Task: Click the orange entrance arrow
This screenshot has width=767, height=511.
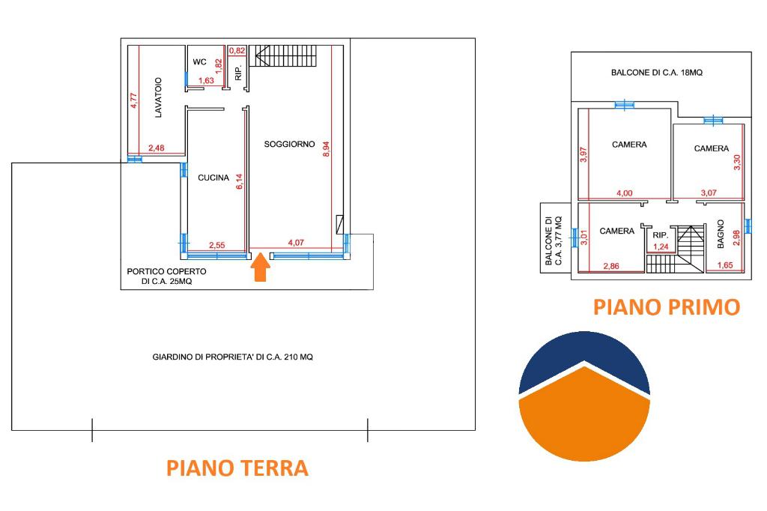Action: [260, 267]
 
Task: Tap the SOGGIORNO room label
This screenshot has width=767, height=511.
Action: [290, 144]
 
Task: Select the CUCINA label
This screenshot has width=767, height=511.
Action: [213, 178]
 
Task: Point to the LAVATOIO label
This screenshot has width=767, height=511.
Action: [158, 97]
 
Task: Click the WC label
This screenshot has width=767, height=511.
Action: [199, 61]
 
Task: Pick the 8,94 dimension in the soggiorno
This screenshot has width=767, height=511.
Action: [327, 149]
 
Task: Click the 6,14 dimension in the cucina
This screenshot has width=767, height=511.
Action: [239, 181]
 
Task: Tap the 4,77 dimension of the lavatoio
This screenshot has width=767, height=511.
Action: [133, 100]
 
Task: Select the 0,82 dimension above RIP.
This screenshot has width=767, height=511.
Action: [237, 50]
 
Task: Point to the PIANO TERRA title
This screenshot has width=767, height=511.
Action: [237, 468]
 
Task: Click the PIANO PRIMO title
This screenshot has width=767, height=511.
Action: [666, 307]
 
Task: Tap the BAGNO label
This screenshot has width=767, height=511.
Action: [720, 234]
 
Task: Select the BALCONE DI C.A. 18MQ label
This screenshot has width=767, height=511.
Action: [656, 73]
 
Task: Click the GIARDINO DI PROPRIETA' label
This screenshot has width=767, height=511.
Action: [232, 357]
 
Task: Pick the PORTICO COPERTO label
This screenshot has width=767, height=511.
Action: [166, 271]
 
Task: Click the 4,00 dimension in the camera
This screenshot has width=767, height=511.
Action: [624, 193]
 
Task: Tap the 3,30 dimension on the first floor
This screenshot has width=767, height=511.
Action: [737, 162]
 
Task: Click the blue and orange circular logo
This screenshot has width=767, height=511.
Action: [584, 396]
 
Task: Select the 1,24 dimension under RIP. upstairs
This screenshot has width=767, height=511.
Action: [661, 247]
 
